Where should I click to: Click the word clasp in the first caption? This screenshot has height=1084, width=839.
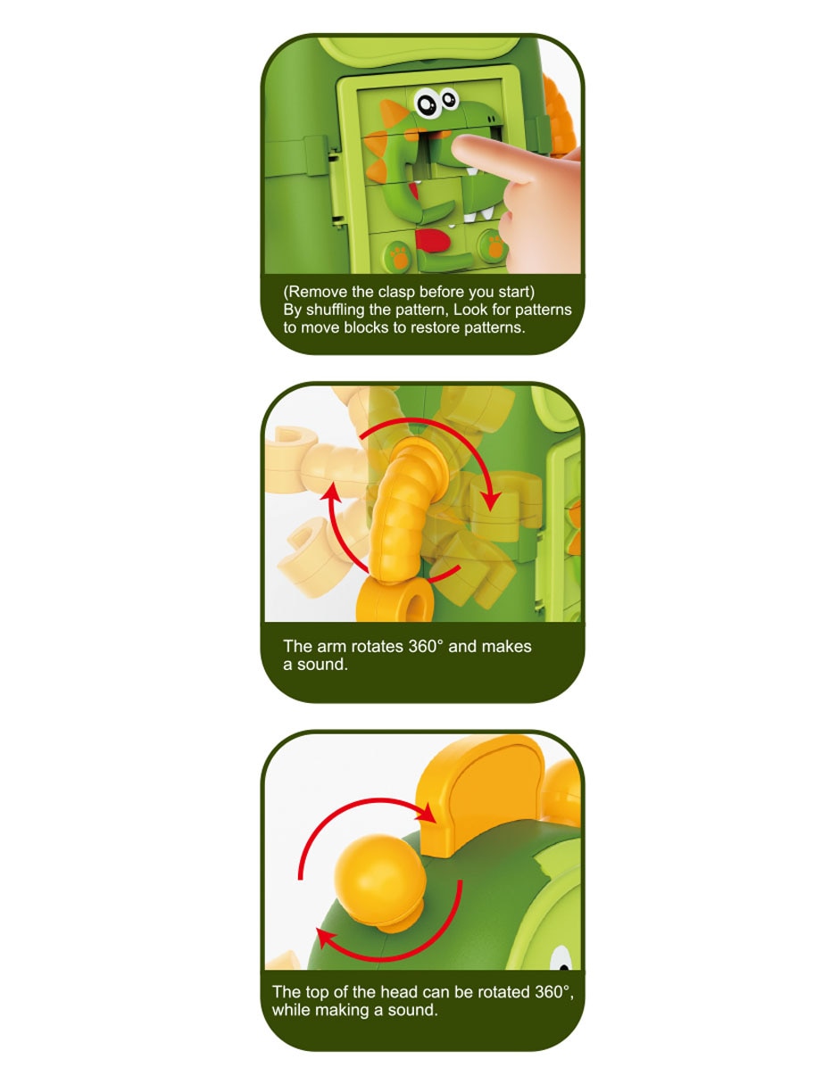click(x=397, y=292)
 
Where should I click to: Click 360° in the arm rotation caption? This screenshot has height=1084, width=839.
click(x=426, y=647)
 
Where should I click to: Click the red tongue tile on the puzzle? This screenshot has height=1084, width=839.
click(x=433, y=240)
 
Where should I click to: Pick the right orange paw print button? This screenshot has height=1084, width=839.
click(x=494, y=244)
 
